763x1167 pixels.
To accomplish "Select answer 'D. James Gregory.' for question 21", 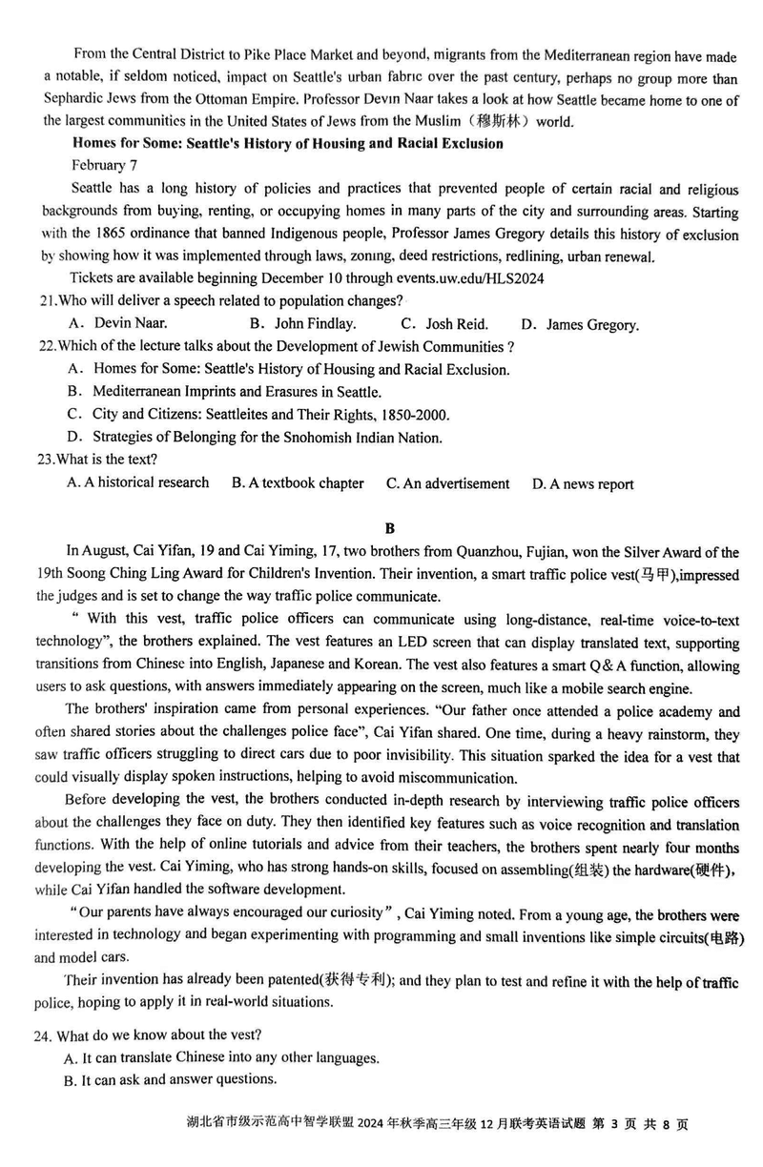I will pos(581,325).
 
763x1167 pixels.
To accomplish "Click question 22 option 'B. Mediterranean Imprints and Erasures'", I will pos(225,392).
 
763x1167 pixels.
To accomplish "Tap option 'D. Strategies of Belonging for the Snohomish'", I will pos(255,438).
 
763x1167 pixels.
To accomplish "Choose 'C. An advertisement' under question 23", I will pos(448,483).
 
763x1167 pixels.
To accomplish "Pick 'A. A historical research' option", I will pos(138,482).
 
